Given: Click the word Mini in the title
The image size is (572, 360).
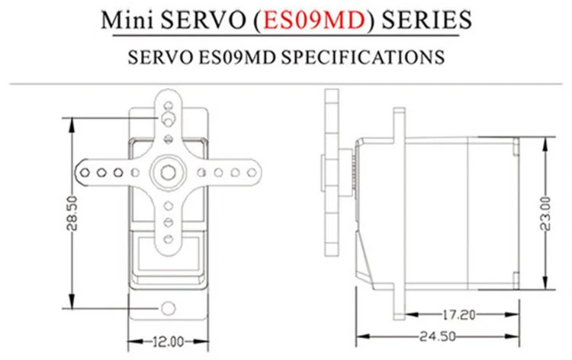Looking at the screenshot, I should (x=131, y=20).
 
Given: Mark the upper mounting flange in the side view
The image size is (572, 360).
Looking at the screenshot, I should (x=398, y=122).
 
